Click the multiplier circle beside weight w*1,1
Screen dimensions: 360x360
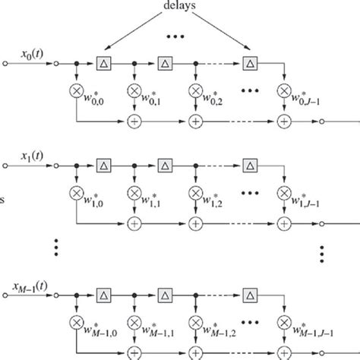(135, 194)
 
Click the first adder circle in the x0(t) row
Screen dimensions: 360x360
(135, 122)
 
